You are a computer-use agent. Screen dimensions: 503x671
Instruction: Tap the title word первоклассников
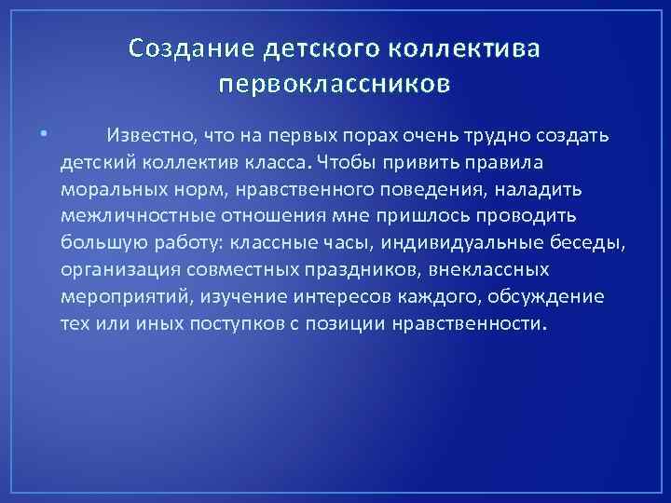pyautogui.click(x=335, y=86)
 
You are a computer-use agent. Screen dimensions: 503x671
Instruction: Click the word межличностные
pyautogui.click(x=130, y=216)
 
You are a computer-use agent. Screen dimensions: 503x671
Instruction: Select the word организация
pyautogui.click(x=118, y=270)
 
